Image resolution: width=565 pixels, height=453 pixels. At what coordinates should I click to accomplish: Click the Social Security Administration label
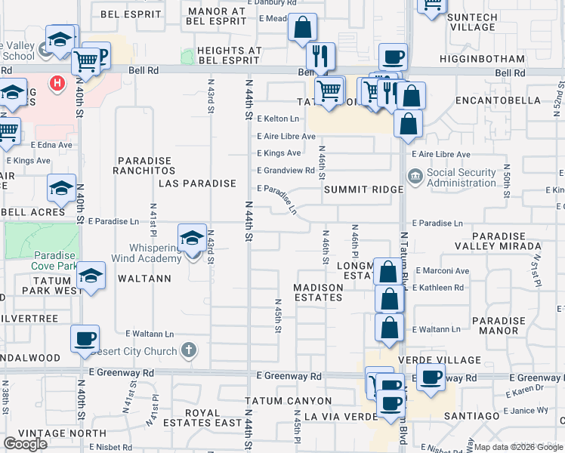click(461, 178)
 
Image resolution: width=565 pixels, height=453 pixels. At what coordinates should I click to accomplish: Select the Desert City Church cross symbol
click(189, 350)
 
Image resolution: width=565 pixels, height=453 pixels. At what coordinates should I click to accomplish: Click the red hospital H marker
click(55, 82)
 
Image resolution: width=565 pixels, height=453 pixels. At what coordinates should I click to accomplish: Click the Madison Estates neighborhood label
click(318, 291)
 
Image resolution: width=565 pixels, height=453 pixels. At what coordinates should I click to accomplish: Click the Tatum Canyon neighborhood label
click(288, 401)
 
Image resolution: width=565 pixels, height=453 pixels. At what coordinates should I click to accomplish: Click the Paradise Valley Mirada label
click(498, 241)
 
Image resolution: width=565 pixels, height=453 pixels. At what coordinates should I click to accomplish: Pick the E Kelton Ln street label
click(278, 119)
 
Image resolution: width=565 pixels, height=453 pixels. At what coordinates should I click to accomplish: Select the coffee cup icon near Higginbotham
click(392, 57)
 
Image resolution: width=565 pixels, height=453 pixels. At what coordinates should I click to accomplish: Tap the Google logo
click(26, 444)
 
